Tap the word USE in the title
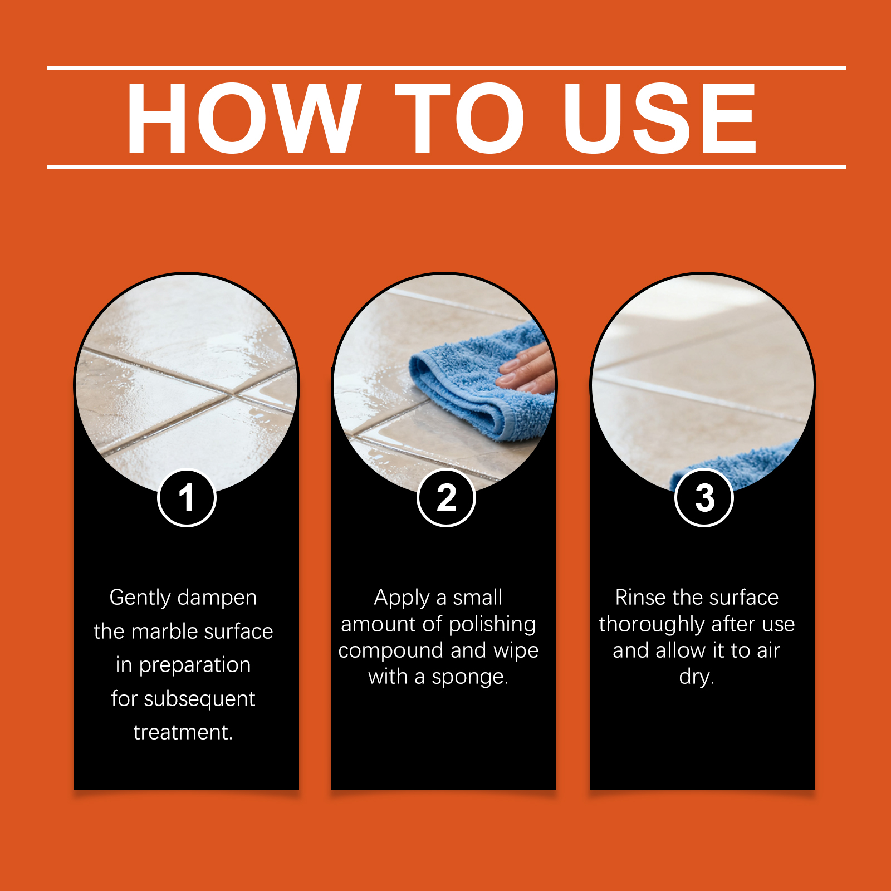pos(660,118)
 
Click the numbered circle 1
pos(187,498)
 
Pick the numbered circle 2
pos(446,498)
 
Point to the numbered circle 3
pos(704,498)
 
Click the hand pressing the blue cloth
pos(526,368)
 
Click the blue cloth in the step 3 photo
pos(735,465)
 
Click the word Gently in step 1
pos(140,598)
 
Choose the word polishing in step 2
pos(492,624)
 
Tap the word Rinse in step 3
pos(640,598)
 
